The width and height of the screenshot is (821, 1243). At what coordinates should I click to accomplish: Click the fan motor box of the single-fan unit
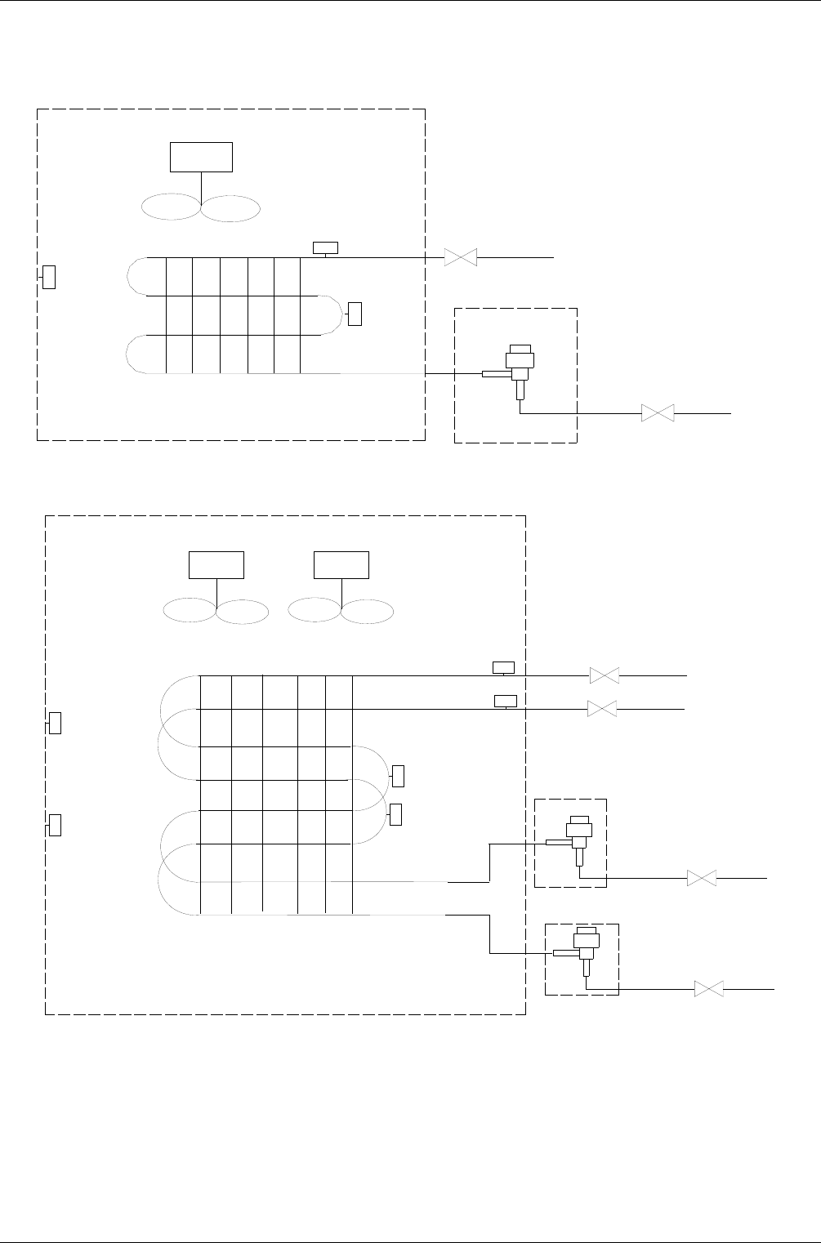pyautogui.click(x=201, y=157)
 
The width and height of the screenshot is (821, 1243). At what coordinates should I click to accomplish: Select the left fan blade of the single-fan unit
pyautogui.click(x=171, y=208)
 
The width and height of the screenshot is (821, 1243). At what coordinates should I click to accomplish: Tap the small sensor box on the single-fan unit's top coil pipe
pyautogui.click(x=325, y=247)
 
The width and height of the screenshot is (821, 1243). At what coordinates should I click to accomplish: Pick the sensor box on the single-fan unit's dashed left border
pyautogui.click(x=49, y=277)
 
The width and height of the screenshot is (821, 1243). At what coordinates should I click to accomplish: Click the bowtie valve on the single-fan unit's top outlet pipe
pyautogui.click(x=461, y=257)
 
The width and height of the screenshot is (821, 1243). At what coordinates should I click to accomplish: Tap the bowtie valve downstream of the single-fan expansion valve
pyautogui.click(x=658, y=413)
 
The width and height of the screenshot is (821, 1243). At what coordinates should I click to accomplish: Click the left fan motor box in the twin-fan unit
pyautogui.click(x=216, y=565)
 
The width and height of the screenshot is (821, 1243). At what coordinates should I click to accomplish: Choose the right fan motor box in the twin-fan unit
pyautogui.click(x=341, y=565)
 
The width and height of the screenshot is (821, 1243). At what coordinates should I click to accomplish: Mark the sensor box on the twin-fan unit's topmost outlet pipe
pyautogui.click(x=503, y=667)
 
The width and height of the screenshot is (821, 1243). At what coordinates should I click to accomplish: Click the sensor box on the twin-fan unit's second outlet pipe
pyautogui.click(x=506, y=701)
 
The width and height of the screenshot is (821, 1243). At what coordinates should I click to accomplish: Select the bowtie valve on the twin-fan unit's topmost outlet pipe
pyautogui.click(x=605, y=675)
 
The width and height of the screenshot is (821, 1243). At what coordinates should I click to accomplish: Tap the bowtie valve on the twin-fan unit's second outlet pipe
pyautogui.click(x=602, y=709)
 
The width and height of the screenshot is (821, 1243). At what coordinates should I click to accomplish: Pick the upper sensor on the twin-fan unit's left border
pyautogui.click(x=56, y=723)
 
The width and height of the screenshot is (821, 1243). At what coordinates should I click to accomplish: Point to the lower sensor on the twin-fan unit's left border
pyautogui.click(x=56, y=825)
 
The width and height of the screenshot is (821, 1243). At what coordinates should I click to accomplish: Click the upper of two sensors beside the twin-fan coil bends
pyautogui.click(x=399, y=775)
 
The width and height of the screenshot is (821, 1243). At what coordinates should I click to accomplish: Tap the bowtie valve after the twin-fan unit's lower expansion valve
pyautogui.click(x=709, y=989)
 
